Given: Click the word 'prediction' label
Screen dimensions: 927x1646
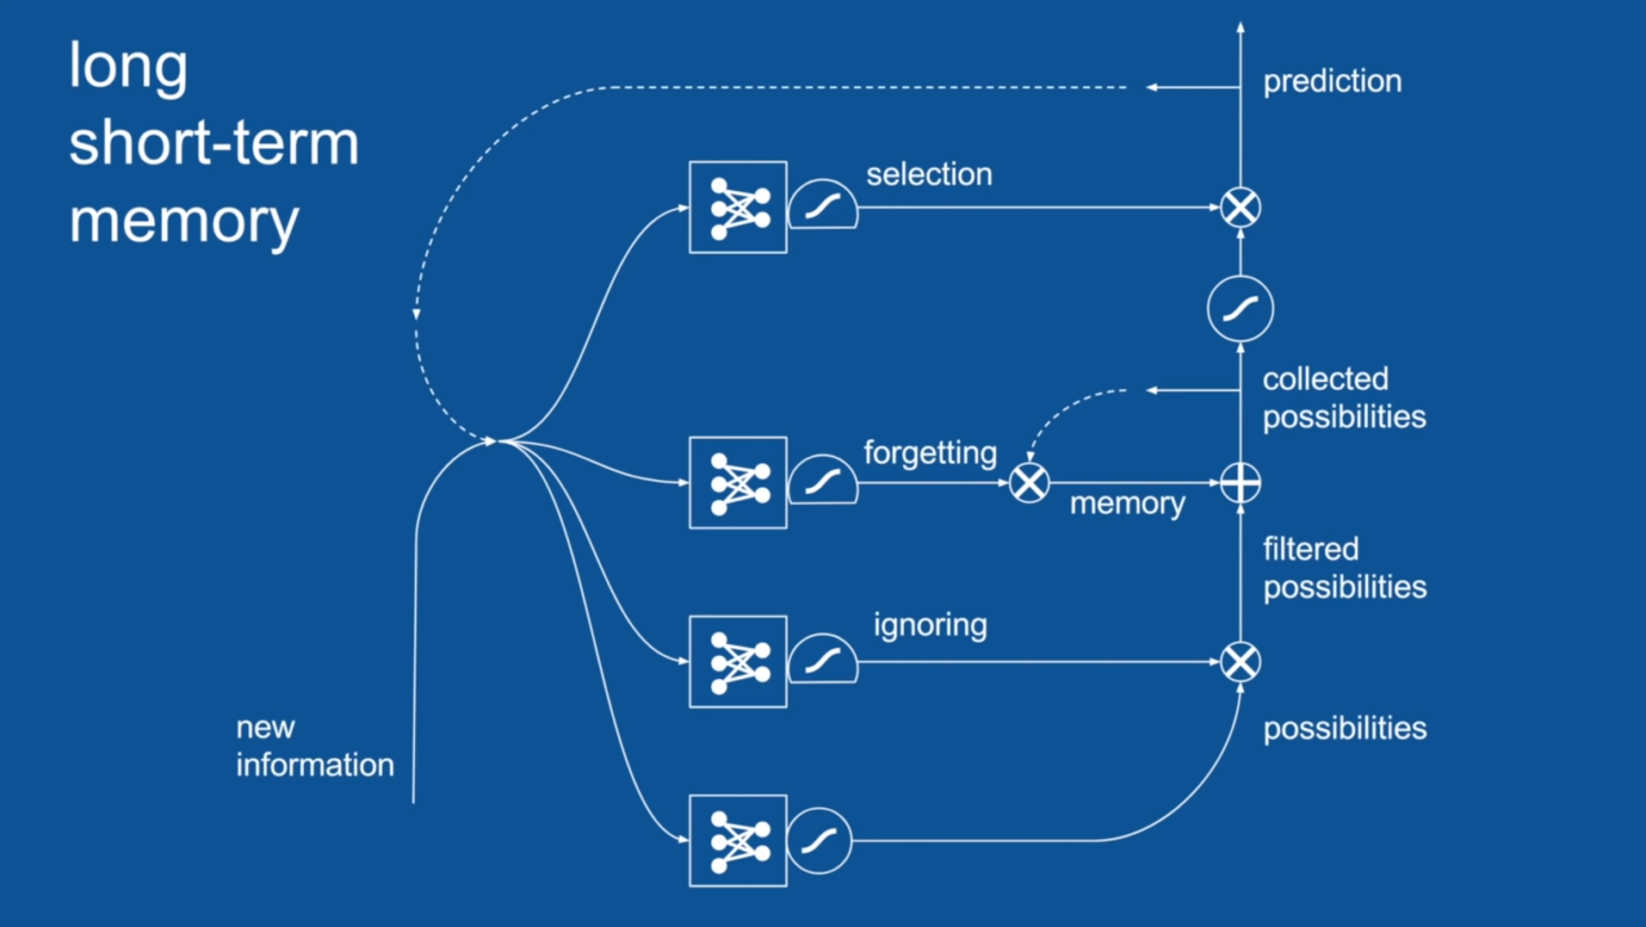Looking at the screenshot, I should coord(1332,82).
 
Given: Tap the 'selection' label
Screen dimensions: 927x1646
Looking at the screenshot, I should coord(929,175).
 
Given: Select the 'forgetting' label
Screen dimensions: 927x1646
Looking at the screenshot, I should coord(930,453).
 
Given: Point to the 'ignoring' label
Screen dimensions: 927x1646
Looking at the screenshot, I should coord(930,625).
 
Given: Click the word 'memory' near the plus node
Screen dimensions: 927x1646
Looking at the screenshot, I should coord(1127,504).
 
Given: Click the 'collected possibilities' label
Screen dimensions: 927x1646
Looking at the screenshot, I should coord(1343,398).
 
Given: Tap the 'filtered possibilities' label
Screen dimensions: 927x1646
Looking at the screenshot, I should coord(1344,568).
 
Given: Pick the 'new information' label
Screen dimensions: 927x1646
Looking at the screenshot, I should coord(314,746).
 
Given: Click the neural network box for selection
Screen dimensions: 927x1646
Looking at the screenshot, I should coord(738,207).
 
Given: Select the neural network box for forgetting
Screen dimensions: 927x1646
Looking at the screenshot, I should coord(738,483).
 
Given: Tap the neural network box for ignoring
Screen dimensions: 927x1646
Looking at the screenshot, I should coord(738,662).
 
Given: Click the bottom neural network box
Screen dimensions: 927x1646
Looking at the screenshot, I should coord(738,841).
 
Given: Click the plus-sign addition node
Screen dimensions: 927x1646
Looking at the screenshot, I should coord(1241,483).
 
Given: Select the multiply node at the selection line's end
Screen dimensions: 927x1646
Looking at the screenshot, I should coord(1241,207).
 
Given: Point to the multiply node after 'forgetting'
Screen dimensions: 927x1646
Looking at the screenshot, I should coord(1029,483).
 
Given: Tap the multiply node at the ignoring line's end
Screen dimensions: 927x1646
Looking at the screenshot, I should coord(1241,662).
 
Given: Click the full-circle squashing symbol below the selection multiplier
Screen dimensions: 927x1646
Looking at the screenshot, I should coord(1241,308).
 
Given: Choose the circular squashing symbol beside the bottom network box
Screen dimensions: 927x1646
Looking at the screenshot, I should coord(820,841).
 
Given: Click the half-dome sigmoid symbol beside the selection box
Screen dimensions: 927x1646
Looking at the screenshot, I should coord(823,207).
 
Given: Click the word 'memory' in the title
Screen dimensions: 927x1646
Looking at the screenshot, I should coord(184,221).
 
